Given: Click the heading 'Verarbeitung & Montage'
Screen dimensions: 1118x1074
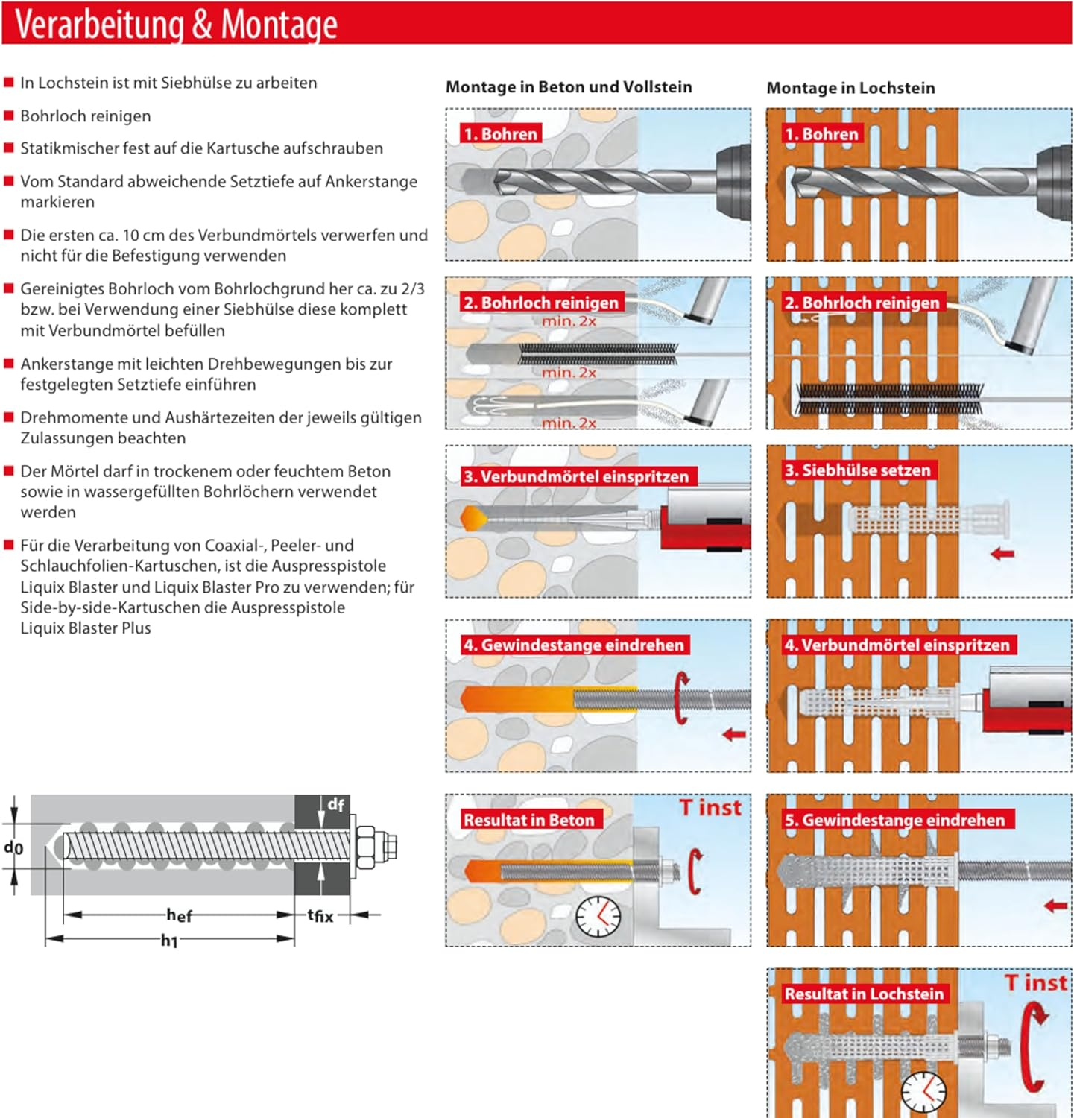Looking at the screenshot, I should (x=176, y=24).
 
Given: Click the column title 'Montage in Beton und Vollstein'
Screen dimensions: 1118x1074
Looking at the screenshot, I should (x=569, y=87).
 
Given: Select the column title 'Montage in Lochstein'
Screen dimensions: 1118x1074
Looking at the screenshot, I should (x=850, y=88).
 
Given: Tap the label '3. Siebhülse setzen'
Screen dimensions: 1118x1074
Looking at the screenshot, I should (x=857, y=470).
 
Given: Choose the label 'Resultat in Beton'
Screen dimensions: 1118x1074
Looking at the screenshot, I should (x=528, y=820).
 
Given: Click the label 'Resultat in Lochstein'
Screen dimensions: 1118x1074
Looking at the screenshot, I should (x=863, y=994).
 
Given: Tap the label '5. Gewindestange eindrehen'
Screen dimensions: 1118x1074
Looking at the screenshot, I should (x=894, y=820).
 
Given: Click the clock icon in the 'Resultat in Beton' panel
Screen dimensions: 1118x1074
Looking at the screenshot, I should (x=598, y=916).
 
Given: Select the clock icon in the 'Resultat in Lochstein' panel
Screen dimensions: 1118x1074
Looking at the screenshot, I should (x=923, y=1093).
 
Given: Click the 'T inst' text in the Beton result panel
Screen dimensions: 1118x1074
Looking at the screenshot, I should (x=710, y=808).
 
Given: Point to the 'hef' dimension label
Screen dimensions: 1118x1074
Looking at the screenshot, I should (x=179, y=915).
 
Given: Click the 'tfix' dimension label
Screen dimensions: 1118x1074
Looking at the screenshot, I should (x=320, y=915).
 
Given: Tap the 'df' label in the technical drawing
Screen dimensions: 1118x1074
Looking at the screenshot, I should (x=335, y=804).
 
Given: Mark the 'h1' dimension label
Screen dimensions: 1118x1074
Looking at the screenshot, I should (x=170, y=941).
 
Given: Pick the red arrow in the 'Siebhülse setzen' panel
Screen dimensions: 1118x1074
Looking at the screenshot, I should (x=1002, y=554).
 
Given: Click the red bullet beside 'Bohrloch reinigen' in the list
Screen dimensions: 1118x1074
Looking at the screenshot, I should (x=9, y=116).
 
